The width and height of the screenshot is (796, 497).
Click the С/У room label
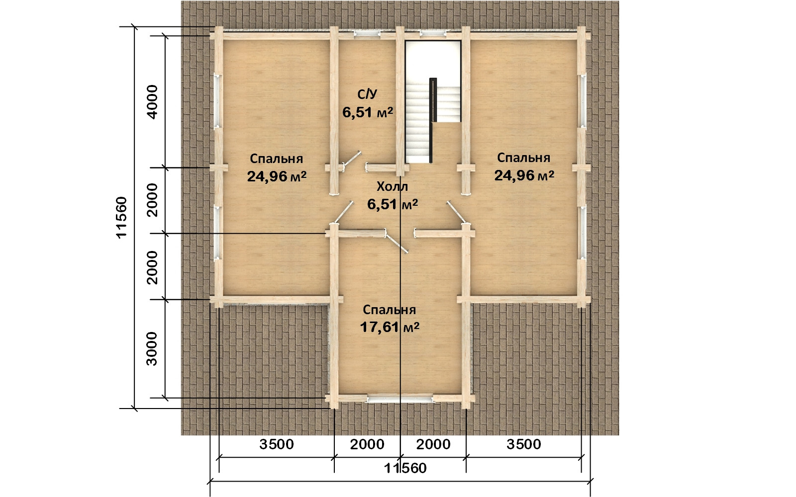point(368,94)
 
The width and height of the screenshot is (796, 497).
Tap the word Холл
point(393,186)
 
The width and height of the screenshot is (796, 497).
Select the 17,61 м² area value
point(390,327)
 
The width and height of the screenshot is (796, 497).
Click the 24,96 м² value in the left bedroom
point(277,176)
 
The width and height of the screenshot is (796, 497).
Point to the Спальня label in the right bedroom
point(524,158)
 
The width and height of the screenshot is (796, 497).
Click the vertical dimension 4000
point(152,102)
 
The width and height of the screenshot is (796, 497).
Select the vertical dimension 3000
point(152,348)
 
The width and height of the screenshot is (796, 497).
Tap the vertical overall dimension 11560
point(121,217)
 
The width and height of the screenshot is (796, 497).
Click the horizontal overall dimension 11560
point(405,468)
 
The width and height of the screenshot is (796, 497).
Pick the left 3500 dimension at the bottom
point(277,444)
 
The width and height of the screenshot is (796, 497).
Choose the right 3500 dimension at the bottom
point(524,444)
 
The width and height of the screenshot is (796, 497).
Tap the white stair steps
point(418,124)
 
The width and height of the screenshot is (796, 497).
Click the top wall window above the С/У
point(367,34)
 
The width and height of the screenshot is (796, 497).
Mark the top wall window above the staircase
point(433,34)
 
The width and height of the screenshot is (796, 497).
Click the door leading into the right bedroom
point(456,212)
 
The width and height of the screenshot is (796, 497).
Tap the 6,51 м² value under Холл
point(393,204)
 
